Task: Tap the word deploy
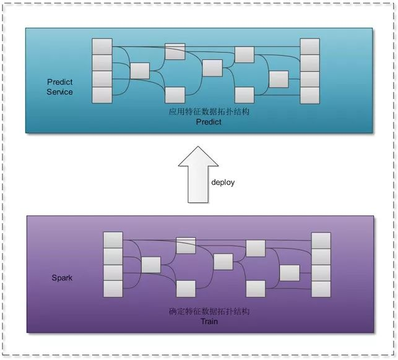pos(223,182)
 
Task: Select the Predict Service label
pos(59,87)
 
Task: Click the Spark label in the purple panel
pos(62,278)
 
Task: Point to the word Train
pos(209,322)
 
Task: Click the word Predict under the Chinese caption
pos(209,122)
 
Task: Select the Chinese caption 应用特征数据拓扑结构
pos(209,113)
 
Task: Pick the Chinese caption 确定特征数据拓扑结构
pos(209,312)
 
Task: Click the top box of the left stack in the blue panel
pos(102,46)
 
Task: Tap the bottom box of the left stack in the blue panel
pos(102,95)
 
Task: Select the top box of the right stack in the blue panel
pos(309,46)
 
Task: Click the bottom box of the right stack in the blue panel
pos(309,95)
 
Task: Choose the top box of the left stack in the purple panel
pos(113,240)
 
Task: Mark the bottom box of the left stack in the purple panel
pos(113,288)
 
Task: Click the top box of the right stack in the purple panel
pos(321,240)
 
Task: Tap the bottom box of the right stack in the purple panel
pos(321,288)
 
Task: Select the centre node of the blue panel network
pos(212,67)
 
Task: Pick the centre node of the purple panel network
pos(223,262)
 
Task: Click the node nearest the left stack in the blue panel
pos(140,71)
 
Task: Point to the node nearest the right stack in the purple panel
pos(289,273)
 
